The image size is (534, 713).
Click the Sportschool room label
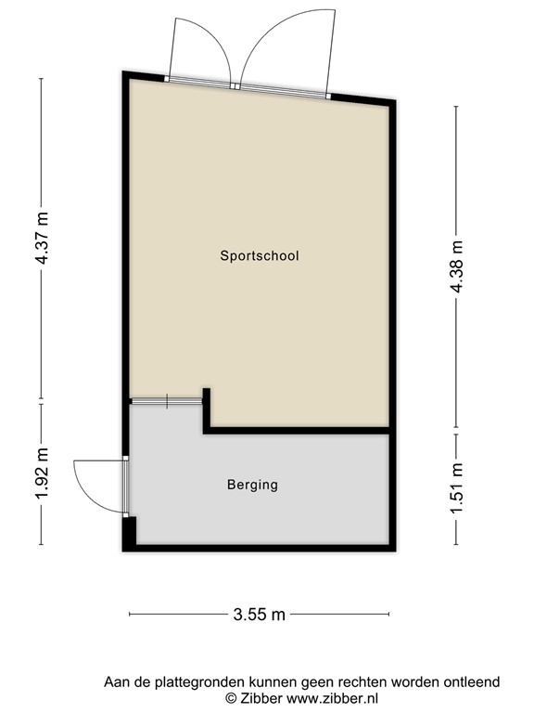260,255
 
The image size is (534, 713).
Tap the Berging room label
252,485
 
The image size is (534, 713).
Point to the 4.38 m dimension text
455,268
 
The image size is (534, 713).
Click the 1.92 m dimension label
42,475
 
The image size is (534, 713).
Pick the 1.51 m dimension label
455,488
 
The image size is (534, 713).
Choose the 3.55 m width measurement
260,613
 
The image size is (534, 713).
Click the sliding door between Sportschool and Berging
166,400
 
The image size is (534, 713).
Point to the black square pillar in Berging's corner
130,532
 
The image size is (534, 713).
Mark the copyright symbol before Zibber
232,698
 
